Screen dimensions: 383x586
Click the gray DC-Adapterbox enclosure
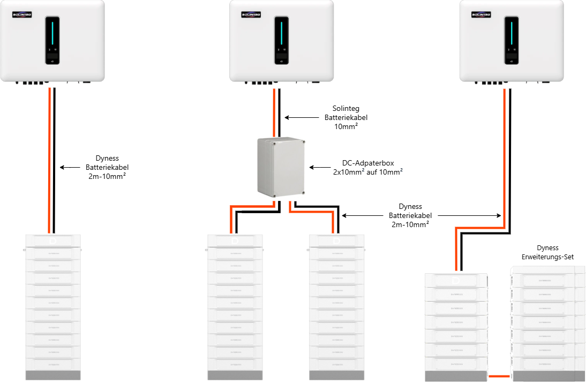point(281,167)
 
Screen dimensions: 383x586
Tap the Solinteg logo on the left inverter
point(22,15)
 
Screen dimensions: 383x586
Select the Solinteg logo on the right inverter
point(482,15)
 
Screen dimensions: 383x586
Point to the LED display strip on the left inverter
point(52,33)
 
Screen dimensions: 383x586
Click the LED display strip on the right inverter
point(511,33)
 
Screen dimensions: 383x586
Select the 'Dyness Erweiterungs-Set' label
point(547,252)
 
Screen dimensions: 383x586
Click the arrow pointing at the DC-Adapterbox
point(320,167)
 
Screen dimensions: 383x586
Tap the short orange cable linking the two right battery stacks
point(499,377)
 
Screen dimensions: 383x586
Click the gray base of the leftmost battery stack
point(52,375)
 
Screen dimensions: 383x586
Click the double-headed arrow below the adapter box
point(422,215)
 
